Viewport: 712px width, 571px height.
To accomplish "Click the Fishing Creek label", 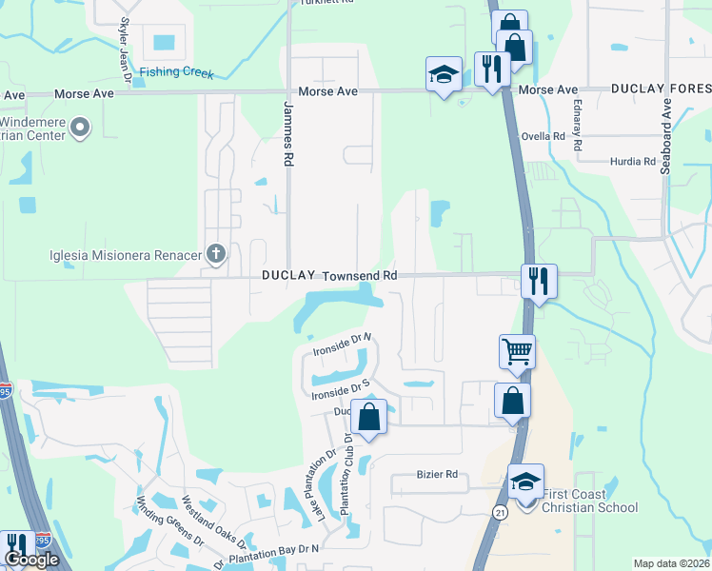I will click(x=176, y=72).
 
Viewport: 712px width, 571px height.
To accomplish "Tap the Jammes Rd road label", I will click(x=287, y=134).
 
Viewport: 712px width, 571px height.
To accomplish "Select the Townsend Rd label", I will click(x=359, y=275).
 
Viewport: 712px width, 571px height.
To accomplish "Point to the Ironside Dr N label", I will click(x=342, y=344).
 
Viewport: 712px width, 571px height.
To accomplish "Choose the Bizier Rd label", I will click(x=438, y=474).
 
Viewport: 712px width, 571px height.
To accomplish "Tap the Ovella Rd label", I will click(x=544, y=136).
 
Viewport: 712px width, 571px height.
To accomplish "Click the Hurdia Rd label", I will click(x=633, y=162).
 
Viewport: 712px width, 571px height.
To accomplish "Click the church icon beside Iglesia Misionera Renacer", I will click(x=216, y=253).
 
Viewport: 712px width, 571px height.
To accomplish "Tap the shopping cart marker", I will click(x=517, y=351).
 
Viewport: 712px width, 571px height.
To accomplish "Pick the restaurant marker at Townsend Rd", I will click(x=539, y=281).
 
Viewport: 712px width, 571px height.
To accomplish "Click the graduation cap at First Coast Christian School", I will click(x=524, y=481).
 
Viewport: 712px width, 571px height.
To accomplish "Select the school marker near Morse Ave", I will click(x=443, y=76).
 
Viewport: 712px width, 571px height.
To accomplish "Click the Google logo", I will click(x=31, y=559).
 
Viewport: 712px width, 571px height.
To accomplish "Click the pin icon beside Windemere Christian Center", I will click(x=81, y=126).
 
